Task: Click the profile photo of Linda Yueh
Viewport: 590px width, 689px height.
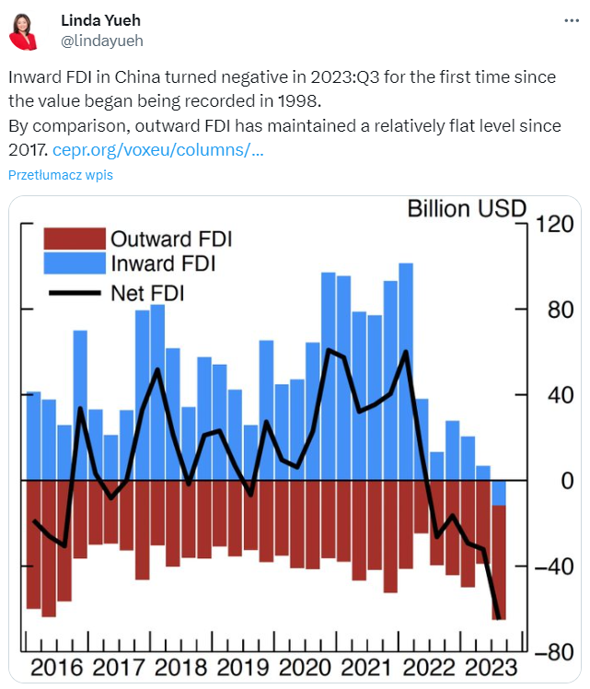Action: [x=24, y=30]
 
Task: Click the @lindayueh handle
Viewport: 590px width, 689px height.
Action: [x=101, y=41]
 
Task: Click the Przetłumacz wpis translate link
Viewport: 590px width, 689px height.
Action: [x=61, y=175]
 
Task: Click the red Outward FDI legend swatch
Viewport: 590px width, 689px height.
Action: [x=75, y=239]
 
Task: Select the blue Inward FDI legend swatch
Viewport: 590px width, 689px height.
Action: [x=75, y=263]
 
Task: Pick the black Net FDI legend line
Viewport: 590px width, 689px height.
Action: [x=75, y=293]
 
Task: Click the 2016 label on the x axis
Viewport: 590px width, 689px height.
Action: [x=57, y=668]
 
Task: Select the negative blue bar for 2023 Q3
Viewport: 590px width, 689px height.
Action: [x=499, y=493]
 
